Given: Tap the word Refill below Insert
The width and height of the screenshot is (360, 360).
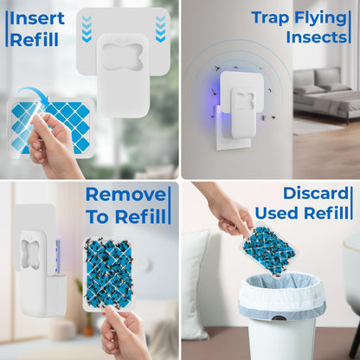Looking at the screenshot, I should pos(35,39).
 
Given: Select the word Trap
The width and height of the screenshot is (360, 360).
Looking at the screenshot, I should pos(270,17).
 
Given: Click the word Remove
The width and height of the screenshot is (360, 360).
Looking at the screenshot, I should pos(125,194).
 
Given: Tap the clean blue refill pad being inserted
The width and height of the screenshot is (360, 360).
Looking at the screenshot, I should pos(61,125).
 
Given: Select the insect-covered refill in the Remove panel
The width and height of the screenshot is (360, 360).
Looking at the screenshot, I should pos(108,271).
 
